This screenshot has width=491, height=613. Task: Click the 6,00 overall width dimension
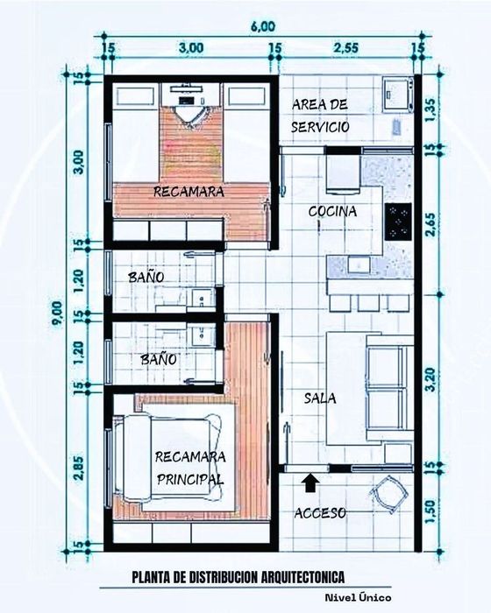pos(264,26)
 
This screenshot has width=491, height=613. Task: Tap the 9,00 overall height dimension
pos(57,313)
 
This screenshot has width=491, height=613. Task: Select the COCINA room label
pos(332,211)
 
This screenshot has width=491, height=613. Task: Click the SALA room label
pos(320,398)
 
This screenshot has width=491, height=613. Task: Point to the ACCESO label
pos(320,513)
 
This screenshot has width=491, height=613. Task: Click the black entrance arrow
pos(310,483)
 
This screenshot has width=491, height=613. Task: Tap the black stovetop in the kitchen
pos(398,222)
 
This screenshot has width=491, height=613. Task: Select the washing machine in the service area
pos(398,93)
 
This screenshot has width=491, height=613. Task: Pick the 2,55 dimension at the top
pos(345,47)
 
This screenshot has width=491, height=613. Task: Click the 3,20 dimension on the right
pos(431,379)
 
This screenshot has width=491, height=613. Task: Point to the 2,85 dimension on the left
pos(78,468)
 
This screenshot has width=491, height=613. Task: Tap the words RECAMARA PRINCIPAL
pos(190,468)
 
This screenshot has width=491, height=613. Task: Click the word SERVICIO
pos(320,127)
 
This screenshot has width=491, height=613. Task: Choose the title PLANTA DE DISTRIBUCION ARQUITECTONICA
pos(238,577)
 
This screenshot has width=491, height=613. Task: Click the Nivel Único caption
pos(358,597)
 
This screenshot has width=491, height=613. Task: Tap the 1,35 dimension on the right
pos(431,110)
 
